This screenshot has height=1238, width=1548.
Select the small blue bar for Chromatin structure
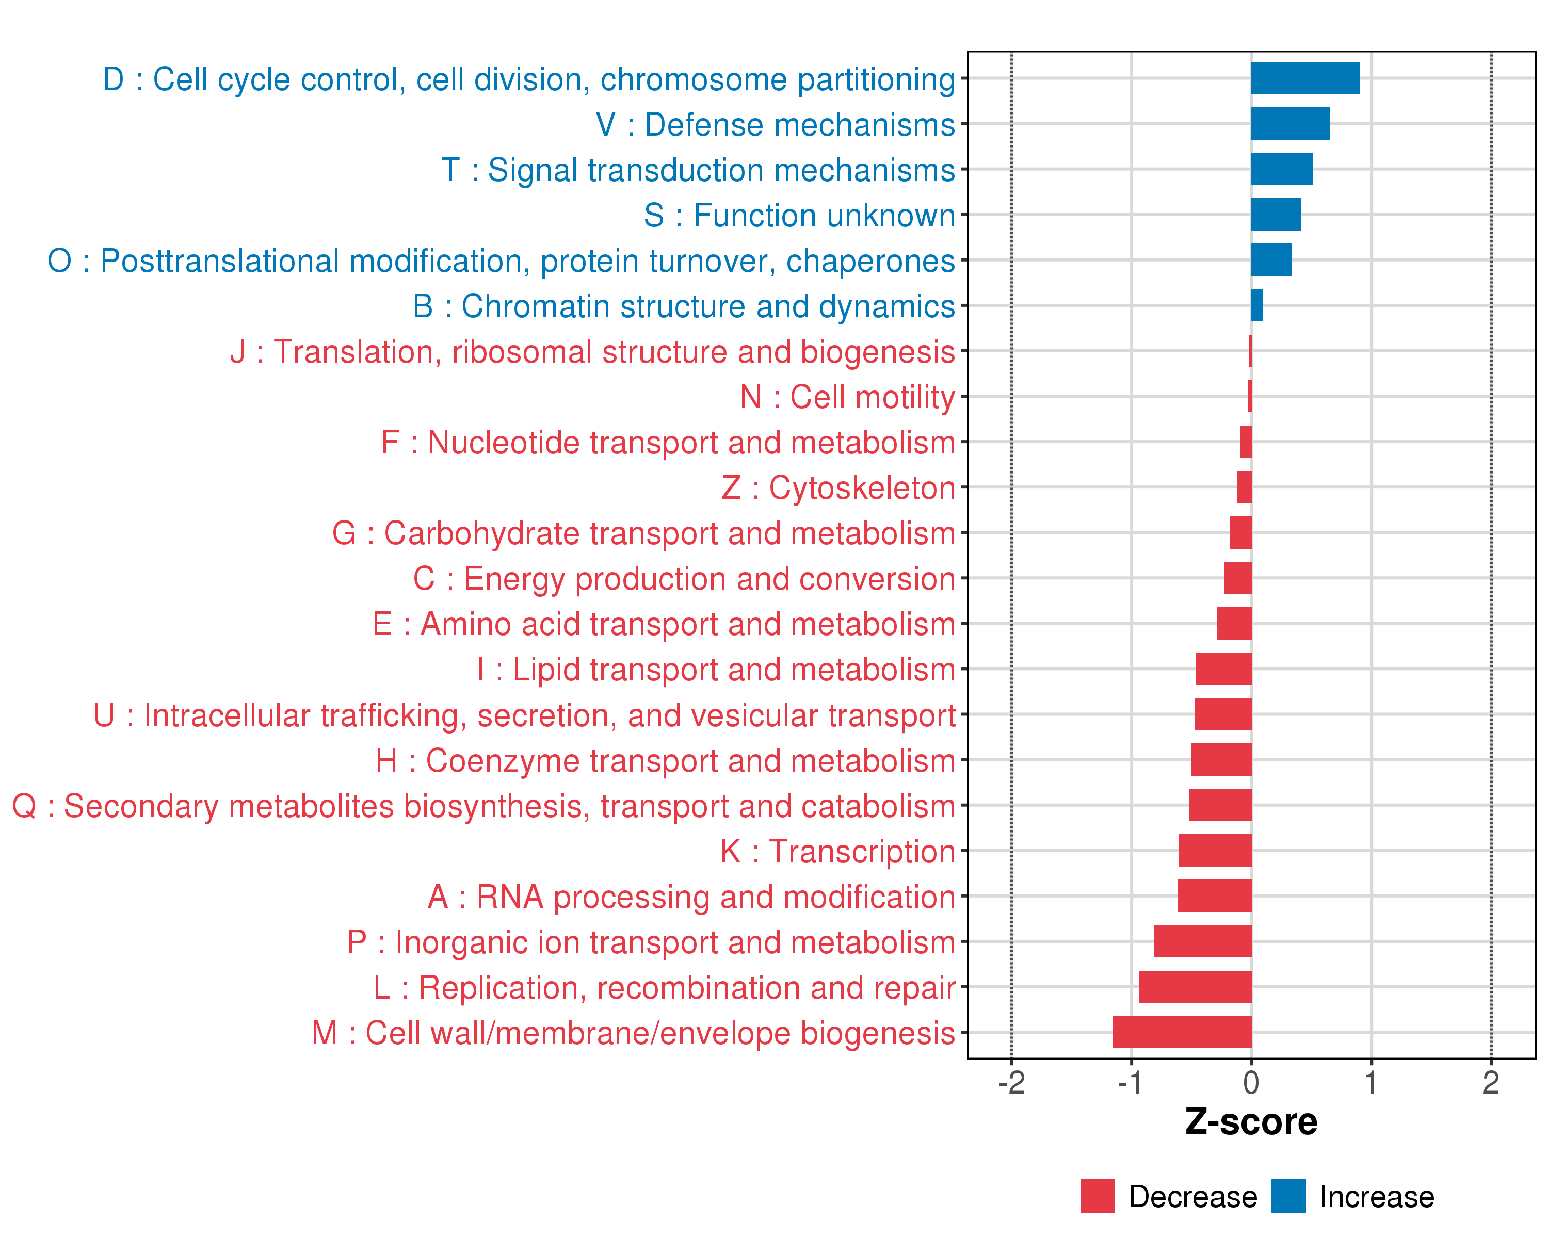[1256, 306]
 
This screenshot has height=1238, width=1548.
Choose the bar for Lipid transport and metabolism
[1223, 669]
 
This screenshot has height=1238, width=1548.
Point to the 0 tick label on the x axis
[1251, 1083]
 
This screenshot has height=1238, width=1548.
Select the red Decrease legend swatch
[1097, 1196]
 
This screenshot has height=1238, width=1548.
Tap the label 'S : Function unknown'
[799, 215]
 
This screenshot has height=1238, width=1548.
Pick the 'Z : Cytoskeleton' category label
[838, 488]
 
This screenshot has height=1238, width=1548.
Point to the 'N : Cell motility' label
[847, 397]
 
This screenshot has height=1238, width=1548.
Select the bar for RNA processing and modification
[1214, 895]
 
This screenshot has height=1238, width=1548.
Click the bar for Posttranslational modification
[1271, 260]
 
